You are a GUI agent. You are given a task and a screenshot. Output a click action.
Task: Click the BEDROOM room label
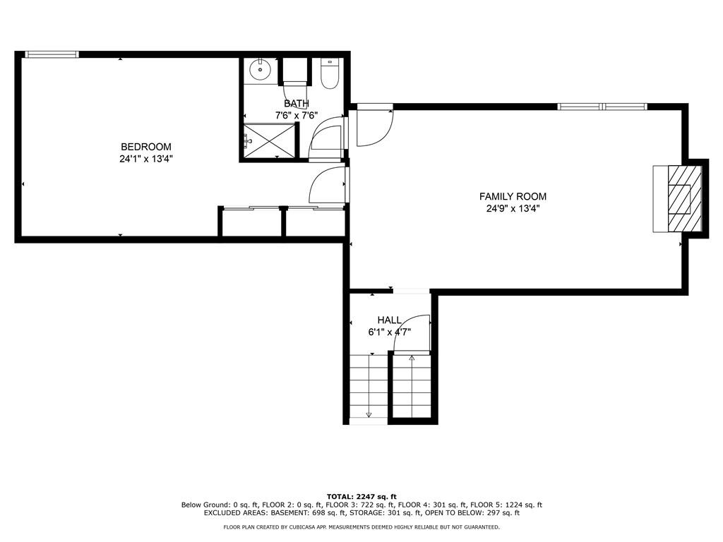(145, 147)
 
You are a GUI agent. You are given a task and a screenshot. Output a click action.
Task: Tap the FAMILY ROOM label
(513, 196)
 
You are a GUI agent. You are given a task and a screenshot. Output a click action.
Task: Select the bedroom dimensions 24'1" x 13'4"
(145, 159)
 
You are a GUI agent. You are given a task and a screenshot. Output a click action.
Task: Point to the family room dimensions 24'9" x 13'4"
(513, 209)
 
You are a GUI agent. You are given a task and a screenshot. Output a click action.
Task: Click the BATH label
(297, 103)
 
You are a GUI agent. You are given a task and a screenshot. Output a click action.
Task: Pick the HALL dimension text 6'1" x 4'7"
(390, 332)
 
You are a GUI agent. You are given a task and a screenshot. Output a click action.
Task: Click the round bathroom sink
(261, 70)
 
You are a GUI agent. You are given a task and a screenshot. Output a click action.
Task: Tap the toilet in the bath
(330, 73)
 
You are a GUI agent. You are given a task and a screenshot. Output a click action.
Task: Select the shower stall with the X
(268, 140)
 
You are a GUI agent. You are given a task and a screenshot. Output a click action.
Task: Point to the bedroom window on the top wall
(52, 54)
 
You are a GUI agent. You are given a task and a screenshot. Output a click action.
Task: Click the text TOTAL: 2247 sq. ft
(361, 497)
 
